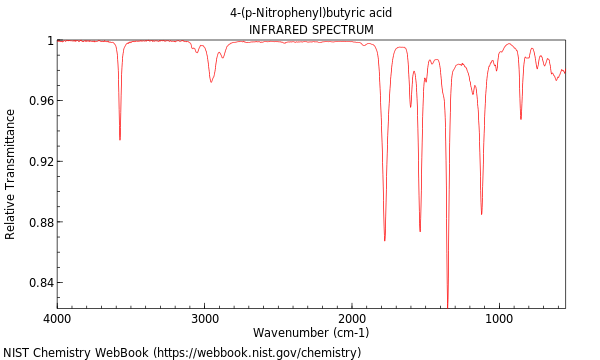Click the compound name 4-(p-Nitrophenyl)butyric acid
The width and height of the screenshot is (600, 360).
(x=311, y=13)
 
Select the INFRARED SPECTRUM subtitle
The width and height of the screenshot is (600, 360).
(x=311, y=30)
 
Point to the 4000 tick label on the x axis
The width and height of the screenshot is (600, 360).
(x=58, y=318)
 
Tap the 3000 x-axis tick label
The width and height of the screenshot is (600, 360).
(x=205, y=318)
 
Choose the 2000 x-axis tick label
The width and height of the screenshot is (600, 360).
(x=352, y=318)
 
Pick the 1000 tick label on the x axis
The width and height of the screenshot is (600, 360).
(x=499, y=318)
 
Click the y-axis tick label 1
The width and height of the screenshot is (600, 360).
(x=49, y=41)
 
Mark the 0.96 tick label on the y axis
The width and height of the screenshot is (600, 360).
(x=40, y=101)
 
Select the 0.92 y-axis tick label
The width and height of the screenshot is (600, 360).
(x=40, y=161)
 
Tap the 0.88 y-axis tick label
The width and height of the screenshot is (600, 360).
(x=40, y=222)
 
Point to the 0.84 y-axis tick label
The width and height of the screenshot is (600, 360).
(x=40, y=282)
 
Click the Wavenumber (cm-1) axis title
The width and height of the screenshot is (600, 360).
(x=311, y=333)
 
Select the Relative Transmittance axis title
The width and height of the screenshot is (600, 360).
(x=11, y=174)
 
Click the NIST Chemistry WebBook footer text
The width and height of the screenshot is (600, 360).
(x=182, y=353)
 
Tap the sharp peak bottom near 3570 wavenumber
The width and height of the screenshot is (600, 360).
(x=120, y=139)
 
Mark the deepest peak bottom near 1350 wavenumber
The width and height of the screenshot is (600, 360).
(x=447, y=305)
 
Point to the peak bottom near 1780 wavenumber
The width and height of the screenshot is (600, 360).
(x=385, y=240)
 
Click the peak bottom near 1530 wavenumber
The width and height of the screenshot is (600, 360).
(x=420, y=231)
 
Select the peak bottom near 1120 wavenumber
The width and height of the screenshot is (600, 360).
(x=481, y=214)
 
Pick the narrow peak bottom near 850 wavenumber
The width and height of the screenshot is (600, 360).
(x=521, y=119)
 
